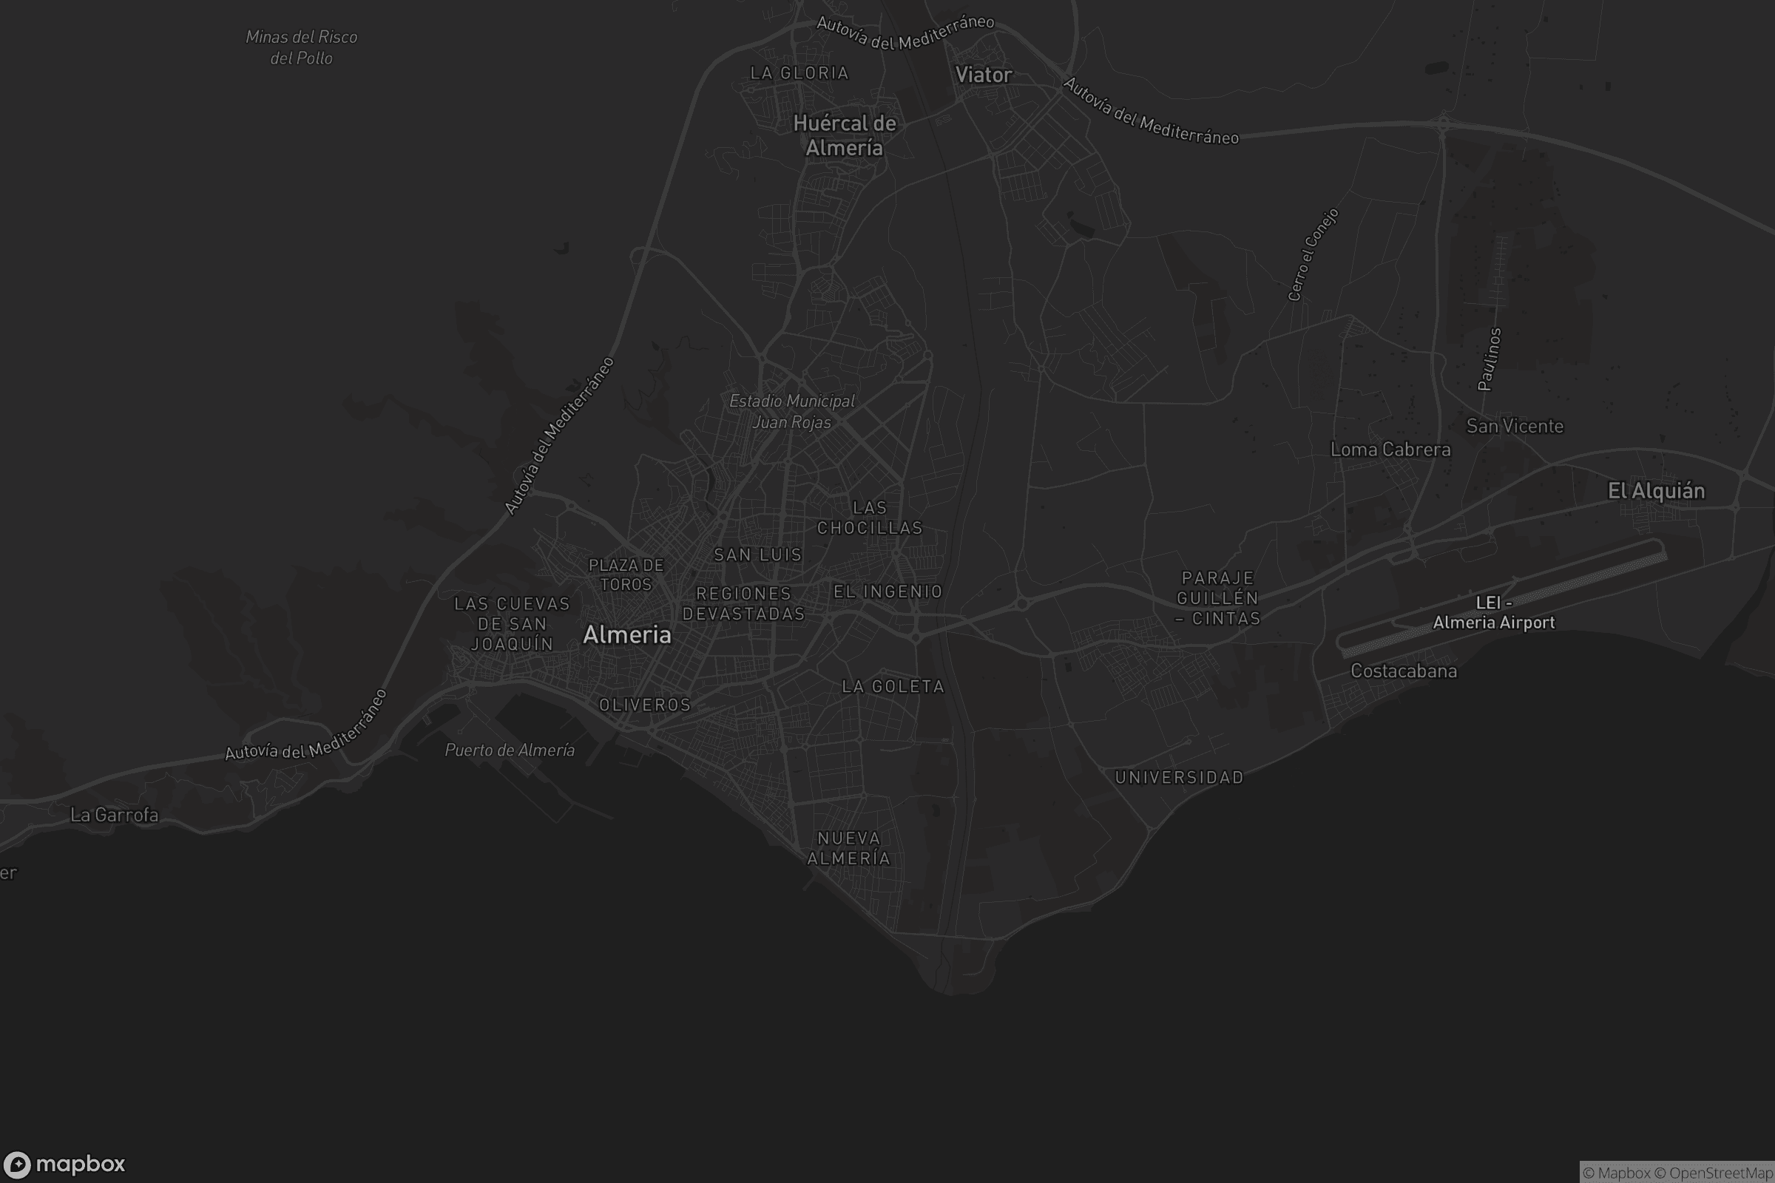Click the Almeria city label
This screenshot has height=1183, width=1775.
[626, 635]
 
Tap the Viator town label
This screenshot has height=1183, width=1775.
[984, 75]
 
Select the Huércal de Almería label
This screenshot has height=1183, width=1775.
[845, 136]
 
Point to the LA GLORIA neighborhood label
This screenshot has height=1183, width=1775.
[799, 73]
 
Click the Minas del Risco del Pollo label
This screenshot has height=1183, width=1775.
[301, 47]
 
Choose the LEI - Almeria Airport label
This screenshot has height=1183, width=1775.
[1493, 614]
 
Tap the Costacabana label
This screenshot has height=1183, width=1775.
[1403, 671]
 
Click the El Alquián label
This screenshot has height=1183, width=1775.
[1656, 491]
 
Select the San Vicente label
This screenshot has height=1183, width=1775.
[1514, 427]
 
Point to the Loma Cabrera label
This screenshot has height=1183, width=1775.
[1390, 450]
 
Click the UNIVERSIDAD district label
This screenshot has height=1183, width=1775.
[1179, 778]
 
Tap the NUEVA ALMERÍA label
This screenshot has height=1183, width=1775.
[849, 849]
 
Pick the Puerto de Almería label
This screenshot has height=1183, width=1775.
[510, 750]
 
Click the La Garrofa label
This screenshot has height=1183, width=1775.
[114, 815]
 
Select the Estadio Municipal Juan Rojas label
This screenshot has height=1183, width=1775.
[791, 412]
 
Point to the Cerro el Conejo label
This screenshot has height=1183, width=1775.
[1313, 255]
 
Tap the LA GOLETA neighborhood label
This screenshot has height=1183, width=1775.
[893, 687]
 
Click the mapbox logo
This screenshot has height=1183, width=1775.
[64, 1164]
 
